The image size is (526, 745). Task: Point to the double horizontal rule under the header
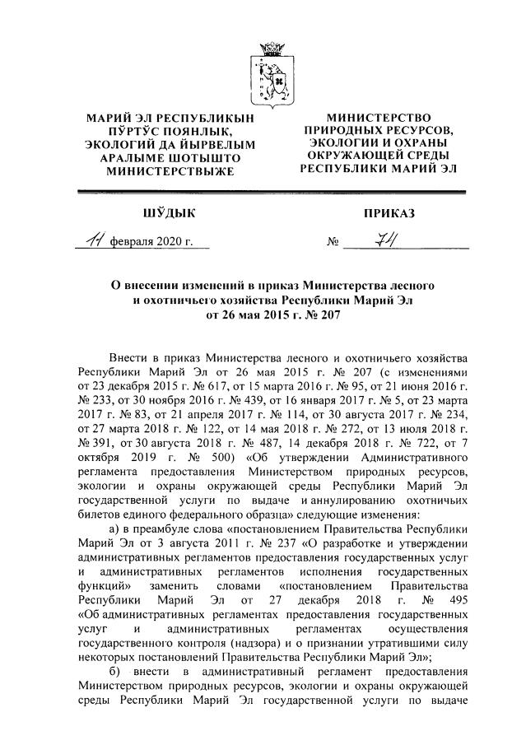(272, 192)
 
